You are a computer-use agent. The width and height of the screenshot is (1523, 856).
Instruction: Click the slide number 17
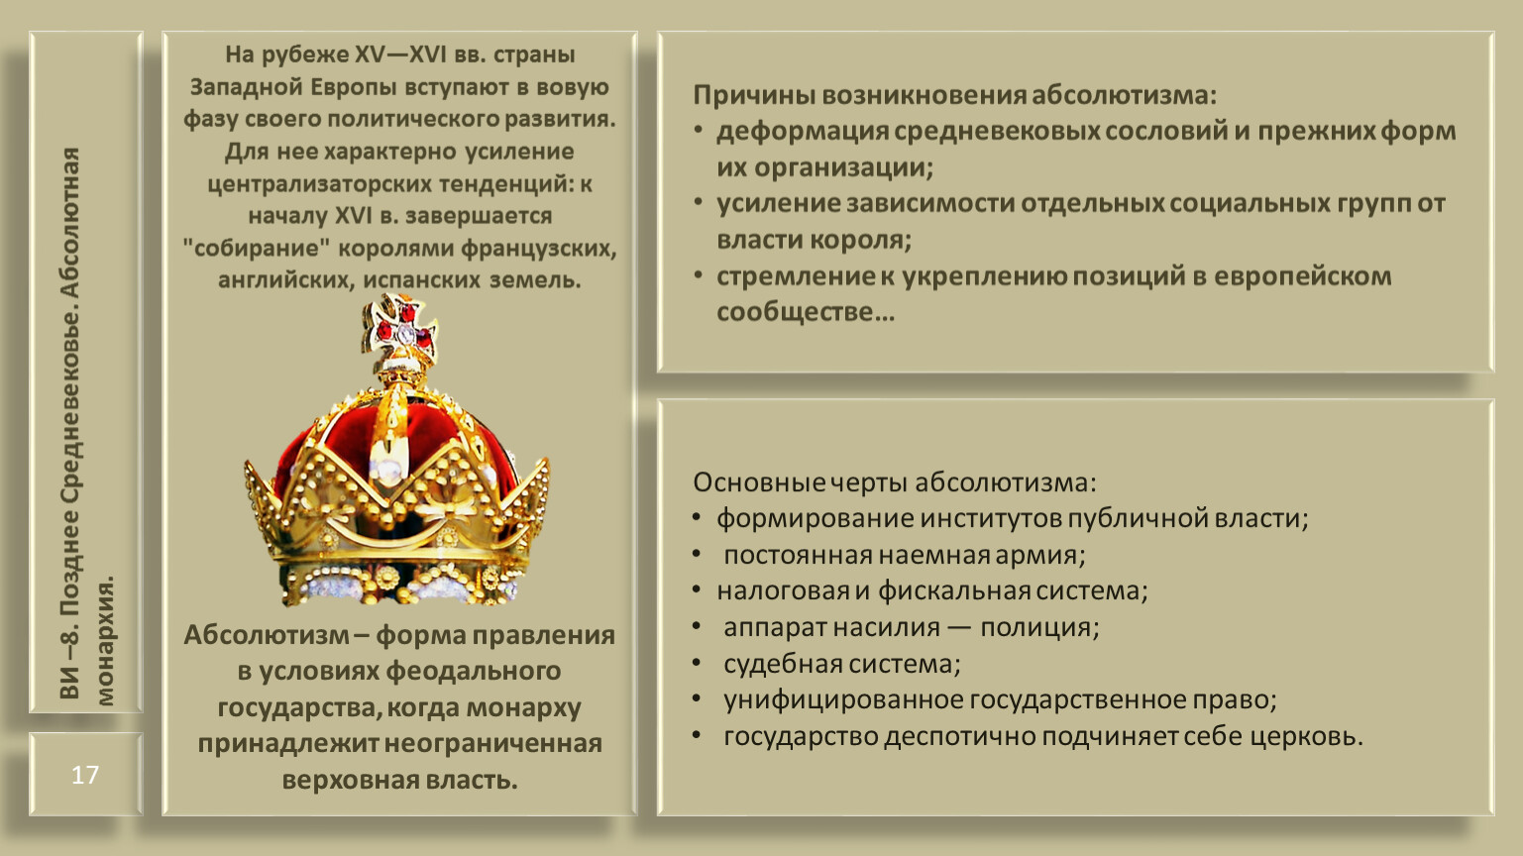pyautogui.click(x=85, y=775)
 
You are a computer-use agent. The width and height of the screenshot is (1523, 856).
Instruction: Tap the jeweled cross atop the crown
pyautogui.click(x=399, y=331)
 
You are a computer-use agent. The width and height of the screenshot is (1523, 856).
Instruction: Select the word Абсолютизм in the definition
pyautogui.click(x=267, y=635)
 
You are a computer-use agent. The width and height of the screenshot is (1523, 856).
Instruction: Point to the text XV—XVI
pyautogui.click(x=400, y=54)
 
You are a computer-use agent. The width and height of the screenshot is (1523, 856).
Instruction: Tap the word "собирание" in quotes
pyautogui.click(x=256, y=248)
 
